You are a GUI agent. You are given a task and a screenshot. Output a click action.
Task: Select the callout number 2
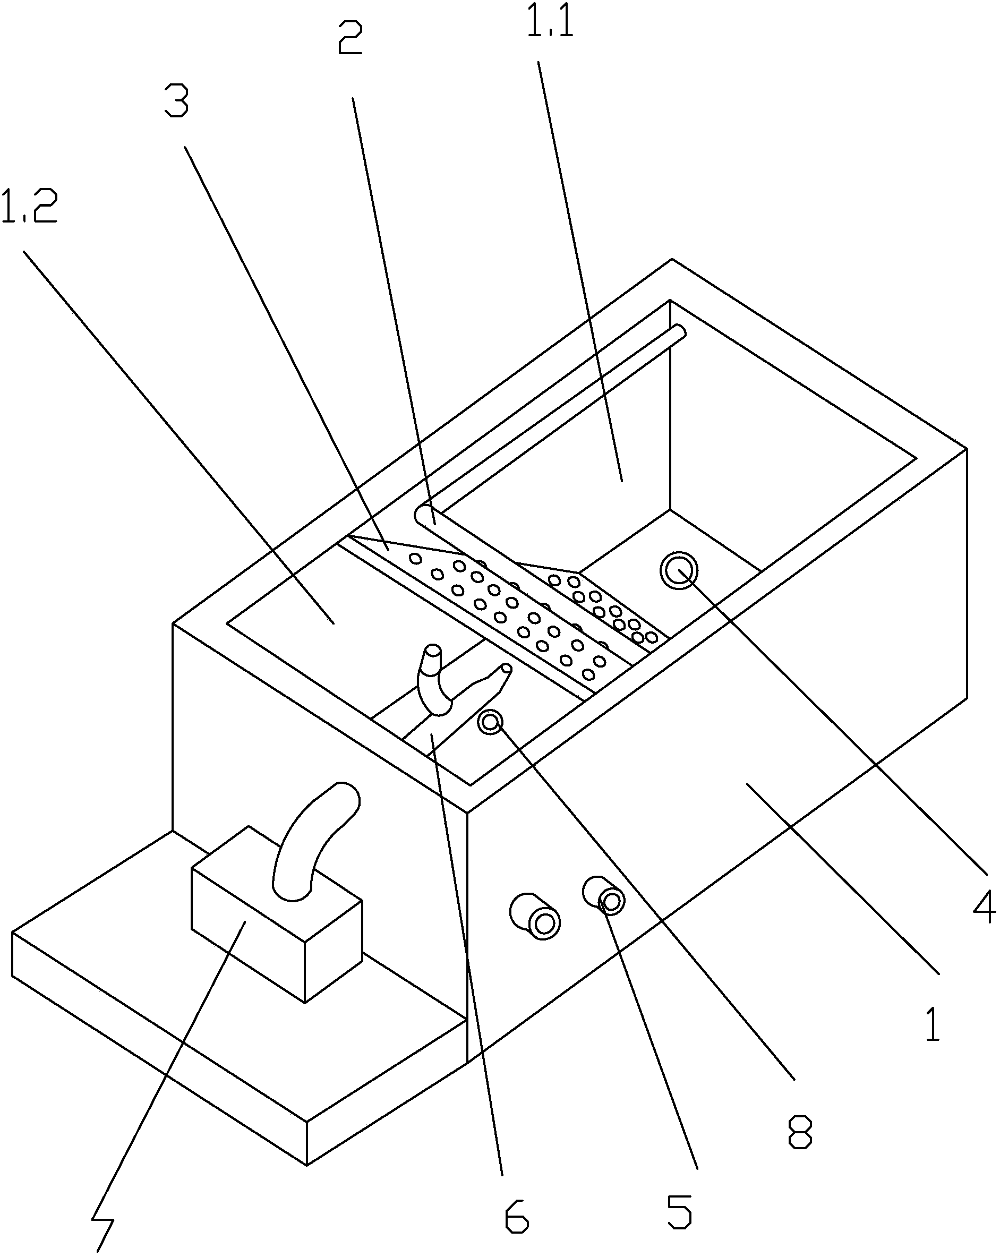point(350,37)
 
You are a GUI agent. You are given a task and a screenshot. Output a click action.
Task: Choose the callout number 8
point(800,1132)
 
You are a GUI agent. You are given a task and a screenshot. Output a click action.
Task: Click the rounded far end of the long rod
point(679,332)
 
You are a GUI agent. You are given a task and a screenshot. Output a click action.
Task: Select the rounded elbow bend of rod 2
point(424,515)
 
